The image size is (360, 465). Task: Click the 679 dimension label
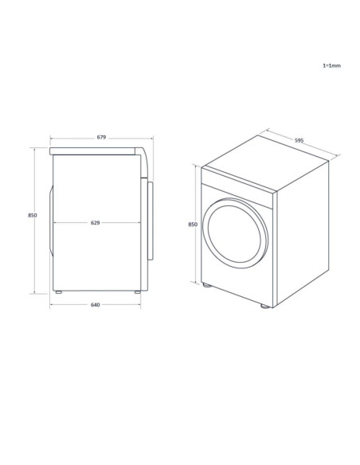[101, 138]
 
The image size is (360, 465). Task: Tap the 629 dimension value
[95, 223]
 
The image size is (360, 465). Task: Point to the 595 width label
[298, 140]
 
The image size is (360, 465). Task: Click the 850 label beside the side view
[33, 215]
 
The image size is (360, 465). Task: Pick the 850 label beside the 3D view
[193, 225]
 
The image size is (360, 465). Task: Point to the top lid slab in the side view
[96, 150]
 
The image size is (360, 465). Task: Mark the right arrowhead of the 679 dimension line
[152, 140]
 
